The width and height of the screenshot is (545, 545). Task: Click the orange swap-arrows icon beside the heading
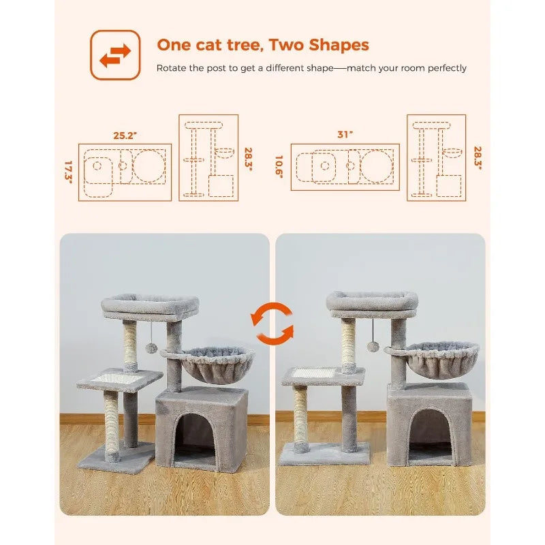(115, 55)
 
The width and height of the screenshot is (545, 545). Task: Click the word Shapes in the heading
(339, 46)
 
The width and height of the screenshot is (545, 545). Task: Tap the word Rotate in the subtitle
(172, 67)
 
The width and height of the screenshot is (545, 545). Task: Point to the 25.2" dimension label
(125, 135)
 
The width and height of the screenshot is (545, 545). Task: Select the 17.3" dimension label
(69, 172)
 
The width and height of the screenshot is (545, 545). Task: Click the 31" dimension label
(345, 134)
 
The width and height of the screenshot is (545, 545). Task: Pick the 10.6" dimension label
(279, 167)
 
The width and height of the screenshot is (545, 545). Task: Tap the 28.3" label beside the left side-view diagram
(248, 159)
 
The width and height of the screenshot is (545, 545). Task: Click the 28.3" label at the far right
(478, 158)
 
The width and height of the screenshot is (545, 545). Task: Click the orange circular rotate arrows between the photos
(272, 324)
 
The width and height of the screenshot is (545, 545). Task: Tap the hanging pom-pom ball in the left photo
(151, 348)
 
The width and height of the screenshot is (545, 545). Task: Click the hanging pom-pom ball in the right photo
(373, 347)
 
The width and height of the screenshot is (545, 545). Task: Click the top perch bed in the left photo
(150, 307)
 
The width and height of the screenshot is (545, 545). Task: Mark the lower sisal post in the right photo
(301, 418)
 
